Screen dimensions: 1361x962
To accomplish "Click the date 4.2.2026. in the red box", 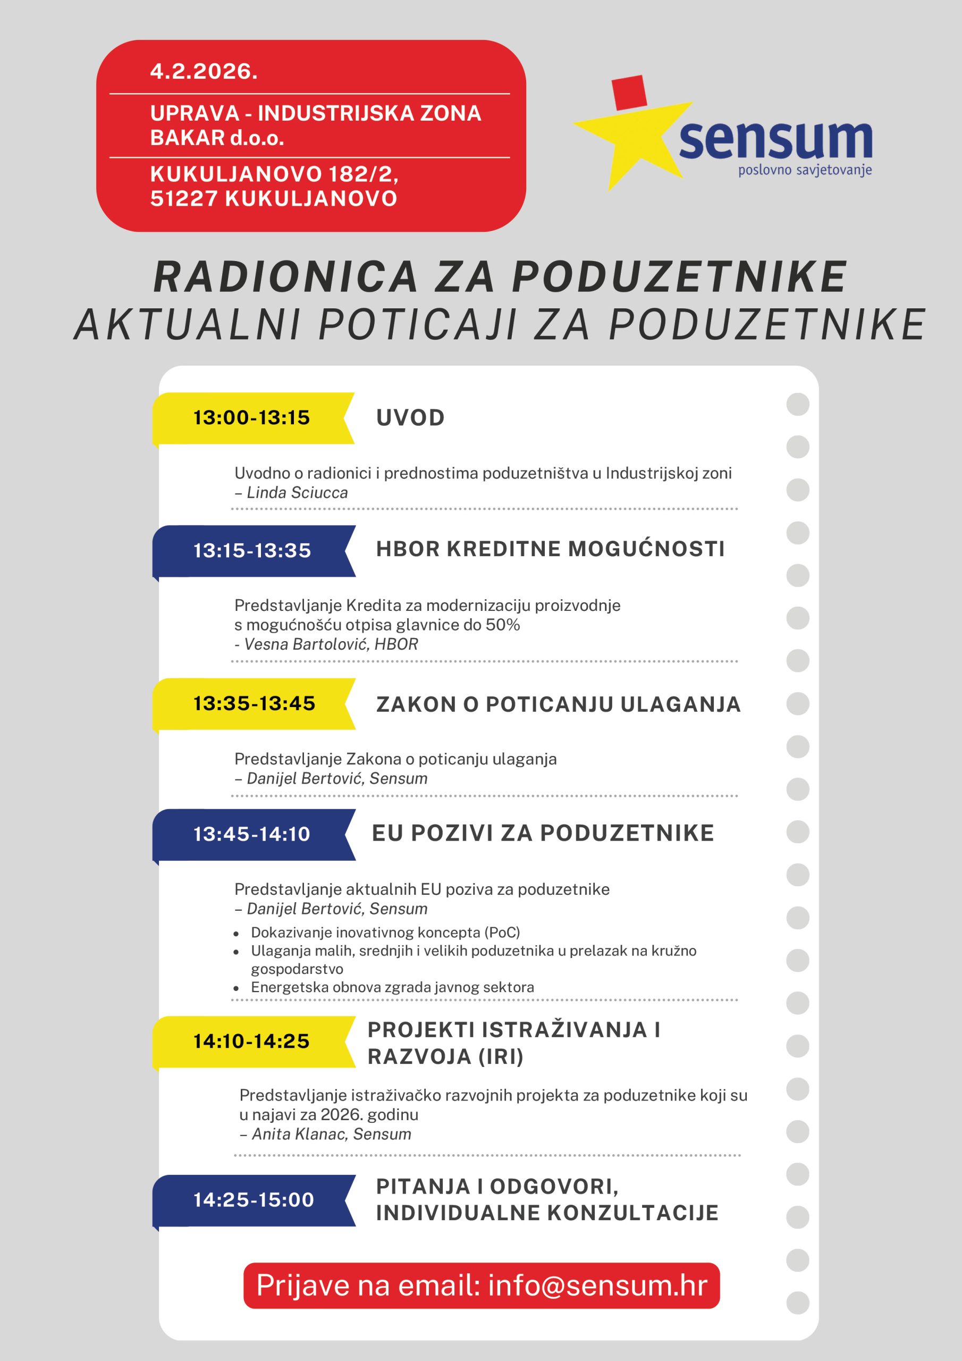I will [x=204, y=72].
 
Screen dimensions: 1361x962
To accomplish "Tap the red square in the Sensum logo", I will [x=629, y=93].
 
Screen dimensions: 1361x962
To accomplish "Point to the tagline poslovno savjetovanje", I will [x=804, y=171].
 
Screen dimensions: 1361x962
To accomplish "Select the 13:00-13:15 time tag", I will [x=251, y=418].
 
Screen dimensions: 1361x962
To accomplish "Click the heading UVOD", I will [x=410, y=418].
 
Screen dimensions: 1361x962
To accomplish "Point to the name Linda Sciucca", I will [x=297, y=493].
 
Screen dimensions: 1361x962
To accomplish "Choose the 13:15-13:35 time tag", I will [x=252, y=551].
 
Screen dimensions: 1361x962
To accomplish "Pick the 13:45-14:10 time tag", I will [x=251, y=834].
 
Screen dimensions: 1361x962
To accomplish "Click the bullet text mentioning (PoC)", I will [x=385, y=932].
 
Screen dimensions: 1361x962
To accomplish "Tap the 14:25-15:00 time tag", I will [x=253, y=1200].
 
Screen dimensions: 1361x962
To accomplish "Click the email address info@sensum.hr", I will [x=597, y=1286].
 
